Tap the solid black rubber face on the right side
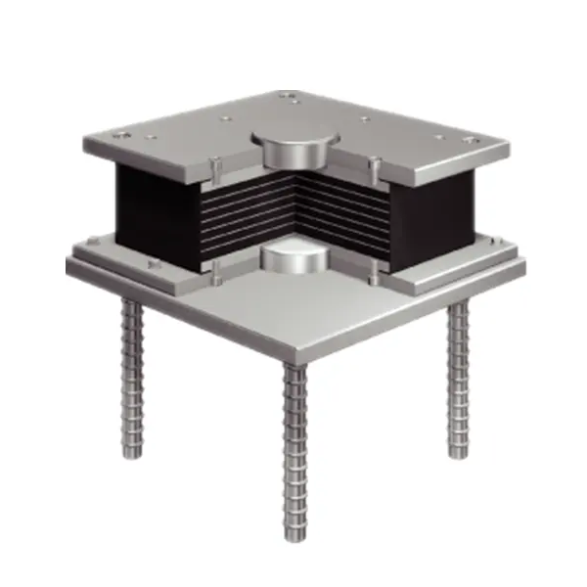435,210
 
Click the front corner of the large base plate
294,357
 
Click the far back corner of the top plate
293,92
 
